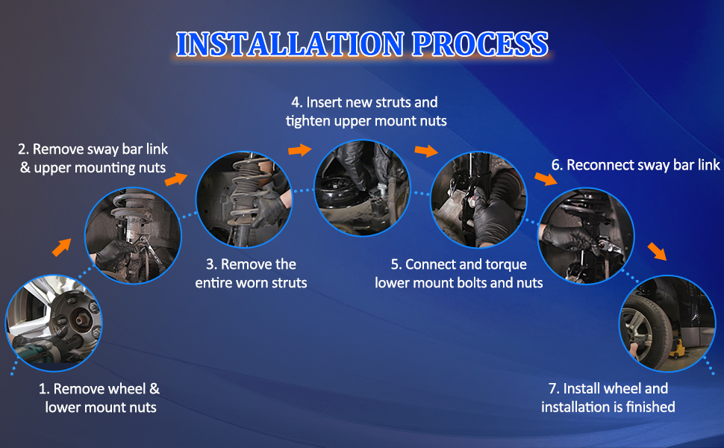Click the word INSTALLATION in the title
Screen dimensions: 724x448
click(x=290, y=44)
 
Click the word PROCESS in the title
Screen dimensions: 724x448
click(x=480, y=44)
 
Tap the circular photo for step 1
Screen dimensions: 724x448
click(x=54, y=323)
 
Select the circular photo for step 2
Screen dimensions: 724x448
click(x=133, y=235)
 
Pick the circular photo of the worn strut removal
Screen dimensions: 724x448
click(x=244, y=199)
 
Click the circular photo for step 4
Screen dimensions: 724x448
click(x=362, y=188)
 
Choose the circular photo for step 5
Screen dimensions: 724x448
click(x=478, y=199)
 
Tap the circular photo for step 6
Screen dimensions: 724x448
click(x=586, y=235)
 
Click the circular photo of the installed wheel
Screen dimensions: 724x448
click(x=667, y=323)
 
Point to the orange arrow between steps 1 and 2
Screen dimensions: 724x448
click(x=61, y=247)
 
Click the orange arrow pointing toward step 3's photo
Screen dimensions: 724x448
click(x=176, y=179)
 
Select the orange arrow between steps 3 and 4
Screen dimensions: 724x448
click(x=300, y=149)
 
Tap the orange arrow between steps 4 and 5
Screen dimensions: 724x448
click(x=426, y=151)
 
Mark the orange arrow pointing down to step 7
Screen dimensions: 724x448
click(x=657, y=251)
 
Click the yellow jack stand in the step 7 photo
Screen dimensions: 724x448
click(x=676, y=349)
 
